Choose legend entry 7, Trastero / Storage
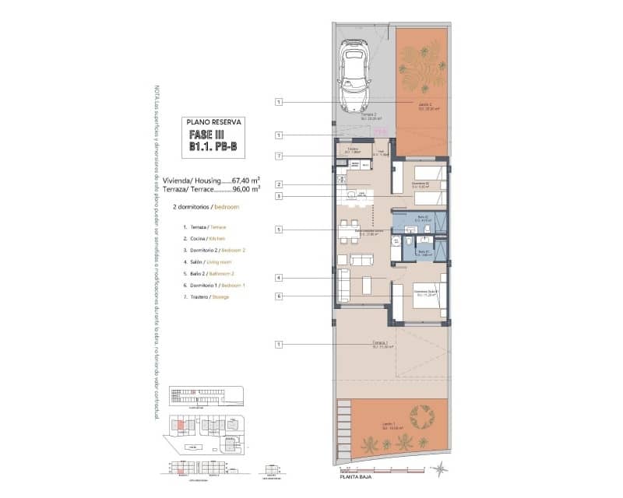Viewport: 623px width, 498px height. [209, 297]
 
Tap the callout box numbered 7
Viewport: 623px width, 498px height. [279, 156]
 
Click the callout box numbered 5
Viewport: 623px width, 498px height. [279, 230]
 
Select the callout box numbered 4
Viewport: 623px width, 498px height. [279, 278]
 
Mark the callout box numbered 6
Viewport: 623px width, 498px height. [279, 296]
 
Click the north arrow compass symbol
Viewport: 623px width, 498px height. [442, 468]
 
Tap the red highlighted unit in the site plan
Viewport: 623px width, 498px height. [181, 424]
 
